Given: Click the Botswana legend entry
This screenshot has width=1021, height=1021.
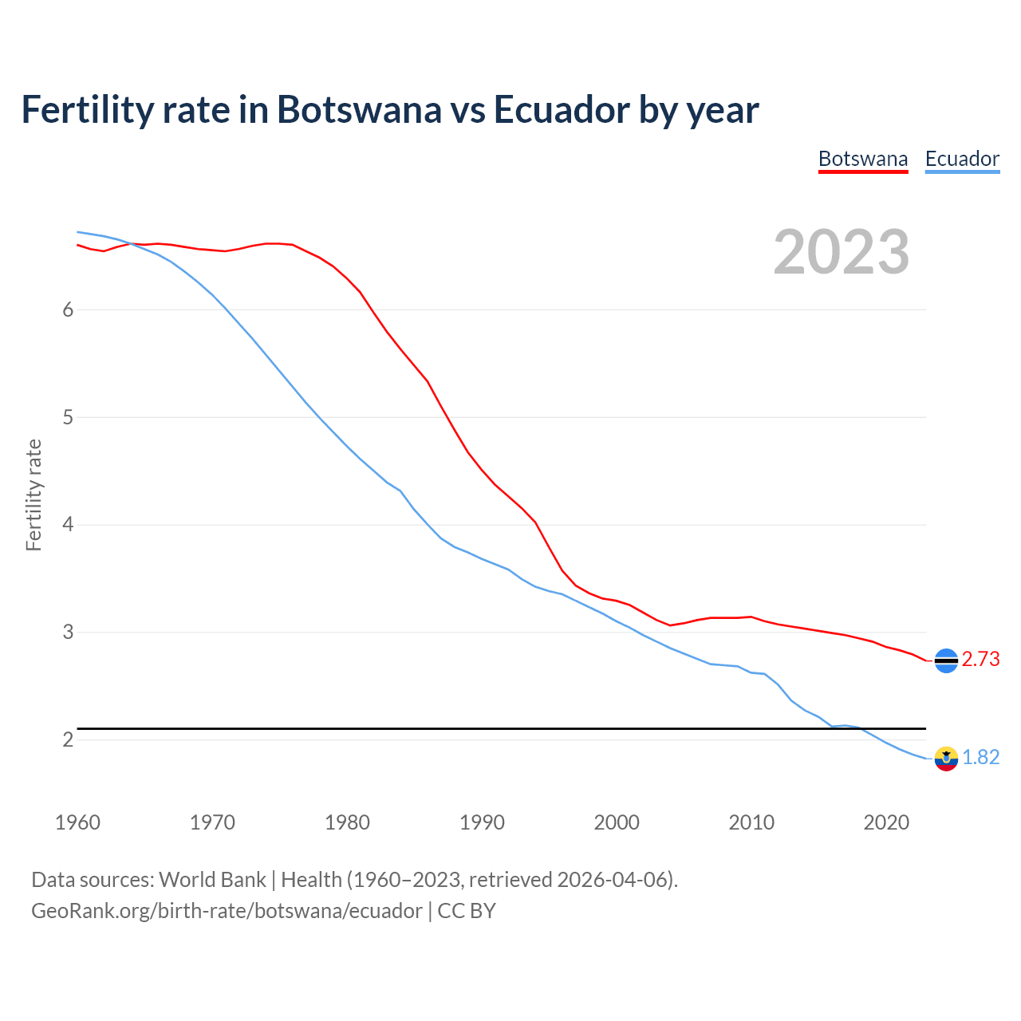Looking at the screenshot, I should click(x=863, y=159).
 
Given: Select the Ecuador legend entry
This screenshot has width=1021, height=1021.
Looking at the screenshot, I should click(x=962, y=159).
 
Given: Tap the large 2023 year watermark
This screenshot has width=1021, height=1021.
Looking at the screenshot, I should click(x=841, y=252).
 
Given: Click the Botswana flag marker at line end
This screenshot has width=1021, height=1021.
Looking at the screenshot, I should click(x=946, y=660).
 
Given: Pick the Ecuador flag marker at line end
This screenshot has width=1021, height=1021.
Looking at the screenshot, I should click(x=946, y=758).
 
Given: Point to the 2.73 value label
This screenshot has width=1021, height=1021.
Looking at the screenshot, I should click(x=980, y=660).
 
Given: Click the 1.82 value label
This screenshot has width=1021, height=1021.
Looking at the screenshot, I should click(x=980, y=757).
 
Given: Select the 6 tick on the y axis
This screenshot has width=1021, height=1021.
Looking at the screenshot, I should click(x=68, y=309).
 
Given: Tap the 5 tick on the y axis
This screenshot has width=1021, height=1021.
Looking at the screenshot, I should click(x=68, y=417).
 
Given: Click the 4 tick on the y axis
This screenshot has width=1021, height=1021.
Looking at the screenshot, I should click(x=68, y=525).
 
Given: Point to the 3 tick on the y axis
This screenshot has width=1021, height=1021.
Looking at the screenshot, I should click(x=68, y=633).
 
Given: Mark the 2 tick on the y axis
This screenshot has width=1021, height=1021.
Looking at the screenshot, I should click(x=68, y=739).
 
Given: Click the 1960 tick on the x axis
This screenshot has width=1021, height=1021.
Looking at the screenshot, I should click(x=77, y=822).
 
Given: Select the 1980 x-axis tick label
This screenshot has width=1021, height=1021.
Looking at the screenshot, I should click(x=347, y=822).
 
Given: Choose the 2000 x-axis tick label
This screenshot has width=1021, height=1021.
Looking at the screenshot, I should click(x=617, y=822).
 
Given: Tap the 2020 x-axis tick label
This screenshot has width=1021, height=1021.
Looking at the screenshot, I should click(x=886, y=822).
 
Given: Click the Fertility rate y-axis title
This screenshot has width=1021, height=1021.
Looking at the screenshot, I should click(x=34, y=495).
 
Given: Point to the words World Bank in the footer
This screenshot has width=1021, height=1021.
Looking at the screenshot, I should click(x=212, y=880).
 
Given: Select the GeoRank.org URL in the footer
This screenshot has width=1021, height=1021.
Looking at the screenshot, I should click(x=227, y=911).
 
